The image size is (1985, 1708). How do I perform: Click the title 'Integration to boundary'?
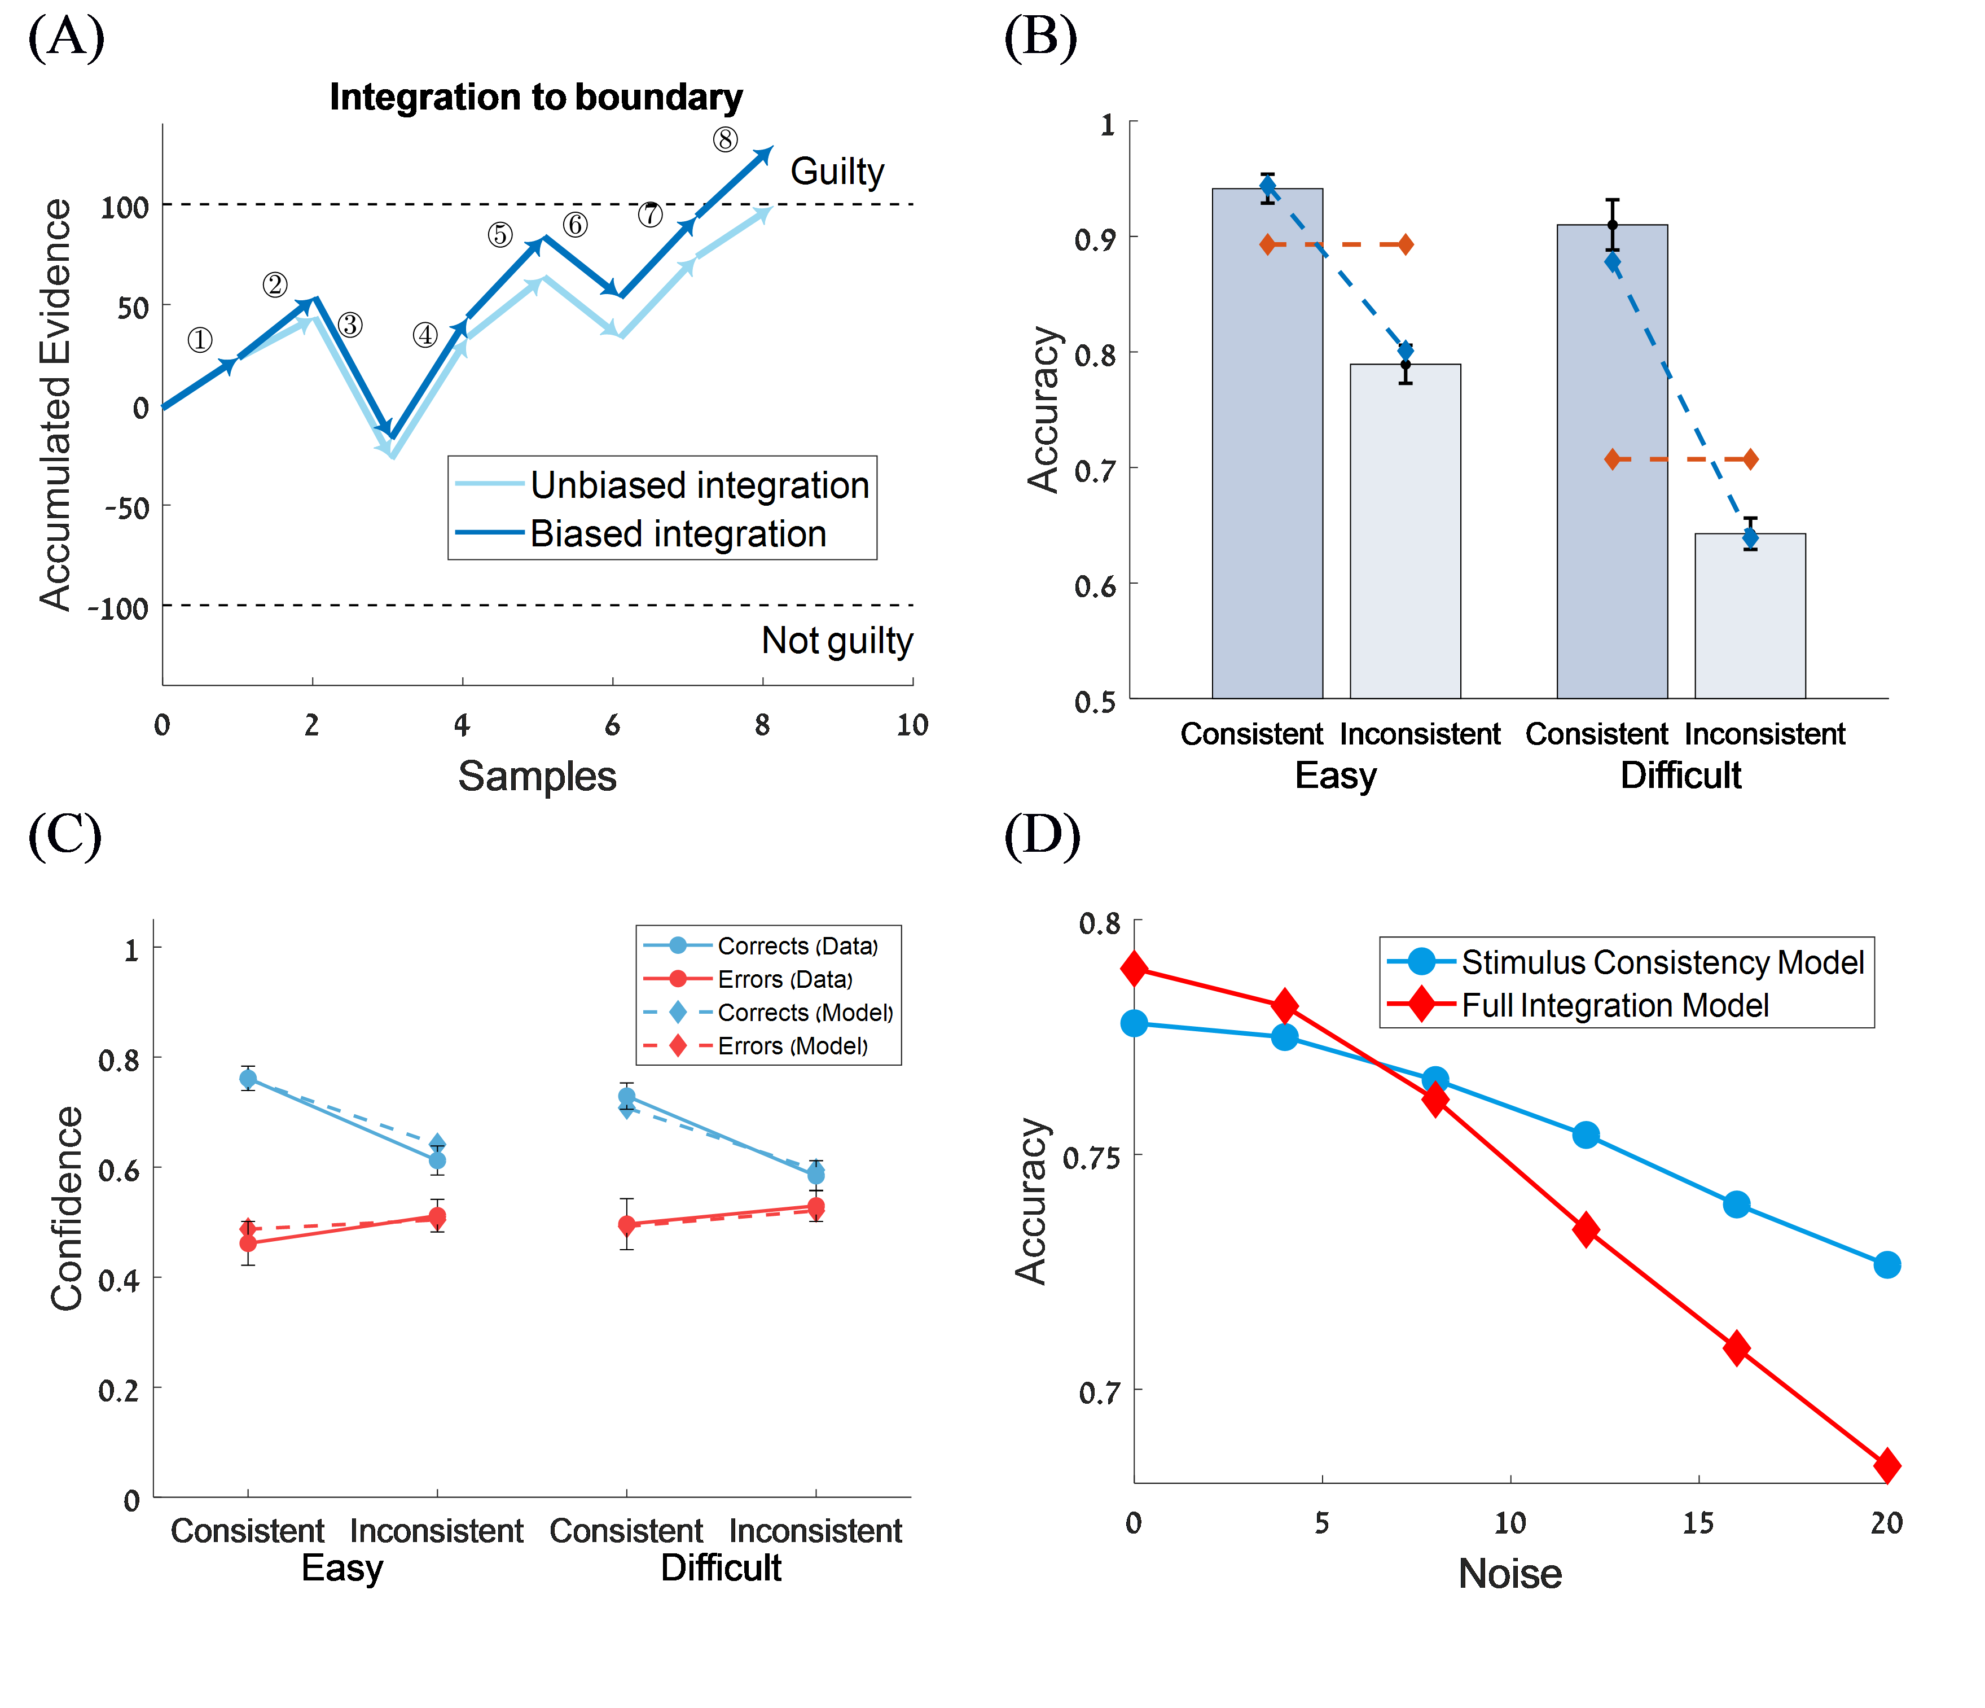(535, 98)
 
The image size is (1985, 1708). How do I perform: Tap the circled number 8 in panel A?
(725, 140)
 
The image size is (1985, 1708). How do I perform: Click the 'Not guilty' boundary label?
(836, 640)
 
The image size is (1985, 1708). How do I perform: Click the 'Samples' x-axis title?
(537, 776)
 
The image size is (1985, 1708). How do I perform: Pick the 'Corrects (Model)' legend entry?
(805, 1013)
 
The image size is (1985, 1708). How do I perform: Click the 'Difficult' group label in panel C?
(721, 1568)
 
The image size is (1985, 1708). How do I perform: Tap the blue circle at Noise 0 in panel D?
(1134, 1024)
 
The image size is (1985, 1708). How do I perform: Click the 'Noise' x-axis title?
(1510, 1574)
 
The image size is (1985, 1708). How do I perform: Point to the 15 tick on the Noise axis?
(1698, 1523)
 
